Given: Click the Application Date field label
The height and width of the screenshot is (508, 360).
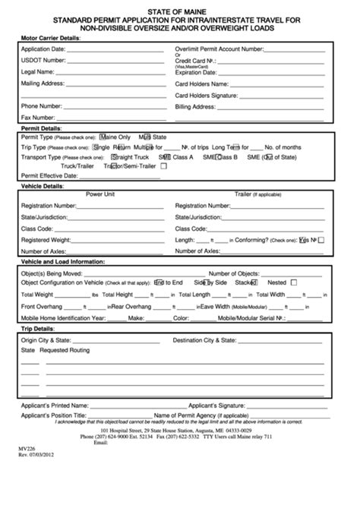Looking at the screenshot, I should click(45, 47).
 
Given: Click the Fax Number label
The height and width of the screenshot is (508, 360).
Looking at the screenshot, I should click(37, 118).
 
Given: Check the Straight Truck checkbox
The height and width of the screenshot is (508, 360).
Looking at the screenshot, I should click(114, 156).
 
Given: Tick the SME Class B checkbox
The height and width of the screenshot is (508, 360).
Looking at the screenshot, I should click(219, 156).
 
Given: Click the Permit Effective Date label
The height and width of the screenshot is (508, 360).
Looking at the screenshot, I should click(49, 175).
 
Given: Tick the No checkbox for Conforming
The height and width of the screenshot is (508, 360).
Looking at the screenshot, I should click(321, 239).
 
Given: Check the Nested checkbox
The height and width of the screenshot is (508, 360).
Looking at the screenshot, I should click(293, 282).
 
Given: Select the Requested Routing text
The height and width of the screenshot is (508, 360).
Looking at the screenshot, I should click(65, 350).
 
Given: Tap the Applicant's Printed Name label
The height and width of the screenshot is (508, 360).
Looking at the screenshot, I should click(55, 405).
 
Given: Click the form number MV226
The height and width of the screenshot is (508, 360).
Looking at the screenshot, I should click(27, 448).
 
